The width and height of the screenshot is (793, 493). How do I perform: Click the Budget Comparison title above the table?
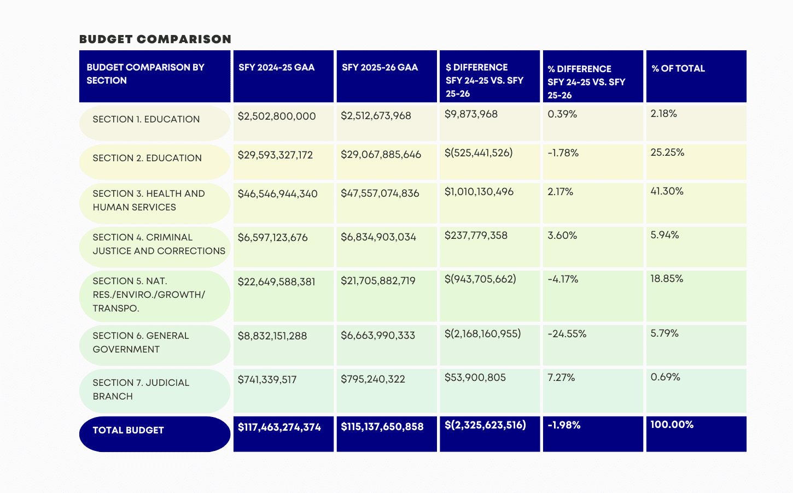tap(155, 39)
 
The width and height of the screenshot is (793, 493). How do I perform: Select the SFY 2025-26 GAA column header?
tap(380, 68)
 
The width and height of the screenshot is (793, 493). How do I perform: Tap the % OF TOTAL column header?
tap(678, 69)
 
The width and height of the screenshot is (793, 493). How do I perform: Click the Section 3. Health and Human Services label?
tap(149, 201)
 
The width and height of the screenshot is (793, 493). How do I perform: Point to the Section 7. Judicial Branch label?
tap(141, 390)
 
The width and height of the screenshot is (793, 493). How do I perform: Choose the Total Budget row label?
tap(129, 431)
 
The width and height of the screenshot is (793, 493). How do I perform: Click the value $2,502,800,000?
tap(277, 116)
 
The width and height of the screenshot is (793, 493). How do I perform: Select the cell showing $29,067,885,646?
tap(381, 155)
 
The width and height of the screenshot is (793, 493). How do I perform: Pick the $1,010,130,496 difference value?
tap(479, 192)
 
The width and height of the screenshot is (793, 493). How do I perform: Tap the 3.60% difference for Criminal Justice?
tap(562, 236)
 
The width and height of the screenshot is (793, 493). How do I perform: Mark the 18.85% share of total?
tap(667, 279)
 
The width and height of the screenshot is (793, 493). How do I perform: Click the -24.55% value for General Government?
tap(567, 334)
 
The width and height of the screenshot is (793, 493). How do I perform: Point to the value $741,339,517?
tap(267, 380)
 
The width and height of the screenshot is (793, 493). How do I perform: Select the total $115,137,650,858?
tap(382, 427)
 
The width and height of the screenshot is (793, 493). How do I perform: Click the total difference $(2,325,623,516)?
tap(485, 425)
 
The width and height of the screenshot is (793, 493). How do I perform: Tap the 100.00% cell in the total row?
tap(672, 425)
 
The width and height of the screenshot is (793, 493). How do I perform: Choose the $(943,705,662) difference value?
tap(480, 279)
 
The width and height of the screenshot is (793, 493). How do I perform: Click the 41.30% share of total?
tap(667, 191)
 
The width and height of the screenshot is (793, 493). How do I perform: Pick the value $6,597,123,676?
tap(272, 238)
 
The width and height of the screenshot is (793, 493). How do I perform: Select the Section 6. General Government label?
tap(141, 343)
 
